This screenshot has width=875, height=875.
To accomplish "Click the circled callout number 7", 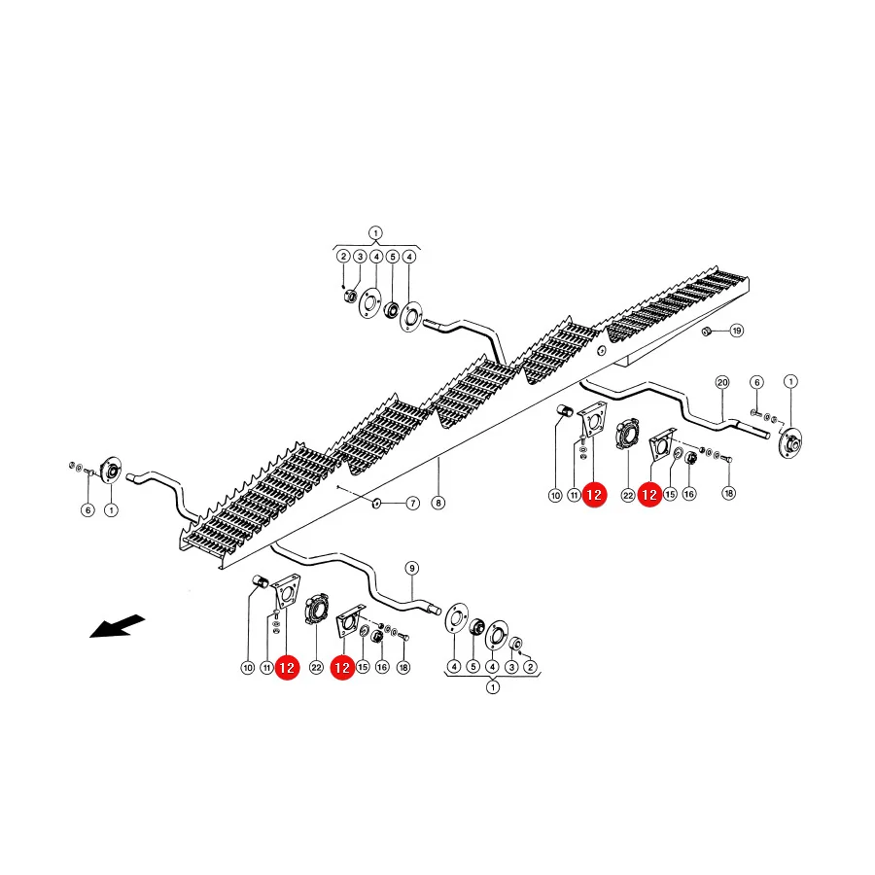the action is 412,504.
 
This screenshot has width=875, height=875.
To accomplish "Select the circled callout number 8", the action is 438,503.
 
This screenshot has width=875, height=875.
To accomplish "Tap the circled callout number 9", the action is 412,569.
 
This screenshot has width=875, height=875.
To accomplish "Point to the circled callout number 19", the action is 737,331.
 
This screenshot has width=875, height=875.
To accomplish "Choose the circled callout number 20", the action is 722,382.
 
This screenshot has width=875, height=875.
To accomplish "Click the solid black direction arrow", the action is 118,626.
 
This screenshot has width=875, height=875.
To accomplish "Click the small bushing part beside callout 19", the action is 706,331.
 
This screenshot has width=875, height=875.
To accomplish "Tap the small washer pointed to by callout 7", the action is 376,504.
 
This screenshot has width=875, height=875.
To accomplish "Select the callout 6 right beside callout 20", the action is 756,382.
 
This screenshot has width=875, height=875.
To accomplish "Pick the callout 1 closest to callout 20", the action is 790,382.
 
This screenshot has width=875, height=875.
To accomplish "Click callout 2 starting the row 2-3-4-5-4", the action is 344,257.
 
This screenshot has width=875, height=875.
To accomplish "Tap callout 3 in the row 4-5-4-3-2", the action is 511,667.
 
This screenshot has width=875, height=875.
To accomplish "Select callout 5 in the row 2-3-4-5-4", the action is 393,257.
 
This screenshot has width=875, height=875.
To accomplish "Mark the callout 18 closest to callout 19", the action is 729,493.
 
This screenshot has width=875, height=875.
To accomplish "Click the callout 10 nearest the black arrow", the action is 248,667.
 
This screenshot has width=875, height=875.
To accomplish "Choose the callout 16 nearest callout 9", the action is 382,667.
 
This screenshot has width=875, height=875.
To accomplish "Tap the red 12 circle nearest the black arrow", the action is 287,668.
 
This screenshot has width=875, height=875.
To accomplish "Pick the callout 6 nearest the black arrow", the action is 87,510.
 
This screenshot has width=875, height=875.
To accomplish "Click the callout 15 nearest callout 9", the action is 363,667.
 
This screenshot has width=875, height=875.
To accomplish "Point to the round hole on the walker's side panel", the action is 601,350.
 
